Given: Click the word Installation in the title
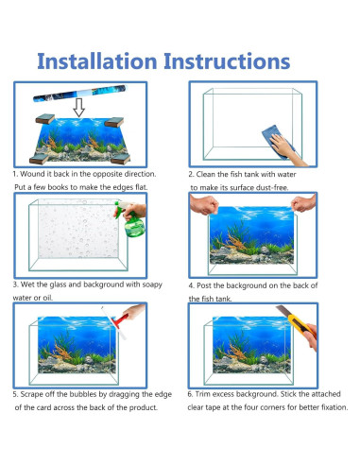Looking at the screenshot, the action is tap(97, 61).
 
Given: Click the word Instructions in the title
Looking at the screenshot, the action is tap(227, 61).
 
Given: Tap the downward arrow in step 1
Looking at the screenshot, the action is tap(78, 108).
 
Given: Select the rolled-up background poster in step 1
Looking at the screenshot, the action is tap(79, 94).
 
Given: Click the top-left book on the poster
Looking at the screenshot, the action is tap(45, 119).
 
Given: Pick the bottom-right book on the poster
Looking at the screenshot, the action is tap(120, 159).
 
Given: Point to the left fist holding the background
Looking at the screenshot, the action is tap(204, 205).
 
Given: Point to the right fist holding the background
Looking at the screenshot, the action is tap(303, 203).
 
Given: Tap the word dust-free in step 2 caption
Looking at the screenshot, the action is tap(272, 187).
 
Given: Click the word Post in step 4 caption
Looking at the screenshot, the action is tap(204, 285).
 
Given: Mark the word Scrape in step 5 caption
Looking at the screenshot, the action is tap(31, 394).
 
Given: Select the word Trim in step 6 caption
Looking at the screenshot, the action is tap(201, 394).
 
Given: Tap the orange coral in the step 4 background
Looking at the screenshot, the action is tap(233, 242).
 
